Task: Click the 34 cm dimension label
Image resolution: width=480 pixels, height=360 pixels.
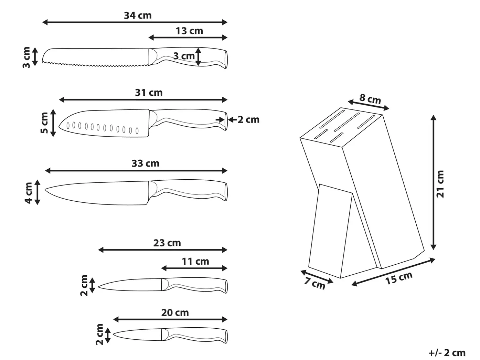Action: tap(138, 16)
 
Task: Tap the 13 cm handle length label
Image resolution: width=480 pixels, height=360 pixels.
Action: tap(189, 31)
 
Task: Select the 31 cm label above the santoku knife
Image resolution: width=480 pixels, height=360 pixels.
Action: tap(149, 93)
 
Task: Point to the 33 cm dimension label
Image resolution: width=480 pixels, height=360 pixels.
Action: tap(145, 164)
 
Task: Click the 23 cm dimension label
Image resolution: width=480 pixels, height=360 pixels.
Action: tap(167, 243)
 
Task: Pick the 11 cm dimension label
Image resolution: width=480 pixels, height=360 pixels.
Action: tap(196, 261)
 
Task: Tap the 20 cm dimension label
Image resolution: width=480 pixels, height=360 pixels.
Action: tap(175, 313)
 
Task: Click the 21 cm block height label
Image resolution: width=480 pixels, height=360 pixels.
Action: tap(440, 184)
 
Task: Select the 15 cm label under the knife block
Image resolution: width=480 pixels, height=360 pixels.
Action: tap(399, 278)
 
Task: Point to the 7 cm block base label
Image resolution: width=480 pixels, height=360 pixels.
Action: tap(315, 283)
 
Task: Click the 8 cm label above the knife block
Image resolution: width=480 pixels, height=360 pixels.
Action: tap(370, 99)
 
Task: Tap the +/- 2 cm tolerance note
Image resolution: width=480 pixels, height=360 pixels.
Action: tap(447, 353)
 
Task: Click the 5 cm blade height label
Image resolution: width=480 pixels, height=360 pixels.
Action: tap(44, 123)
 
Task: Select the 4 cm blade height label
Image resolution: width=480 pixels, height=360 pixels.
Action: tap(29, 193)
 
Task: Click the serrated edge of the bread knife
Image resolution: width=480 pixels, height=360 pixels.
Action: tap(95, 64)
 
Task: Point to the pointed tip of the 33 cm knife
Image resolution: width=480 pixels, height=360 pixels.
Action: tap(45, 189)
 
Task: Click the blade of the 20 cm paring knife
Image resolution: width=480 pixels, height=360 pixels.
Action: tap(138, 335)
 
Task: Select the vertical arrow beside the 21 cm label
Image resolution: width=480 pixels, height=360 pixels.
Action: tap(433, 182)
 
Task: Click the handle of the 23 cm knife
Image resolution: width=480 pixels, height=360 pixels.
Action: tap(195, 285)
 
